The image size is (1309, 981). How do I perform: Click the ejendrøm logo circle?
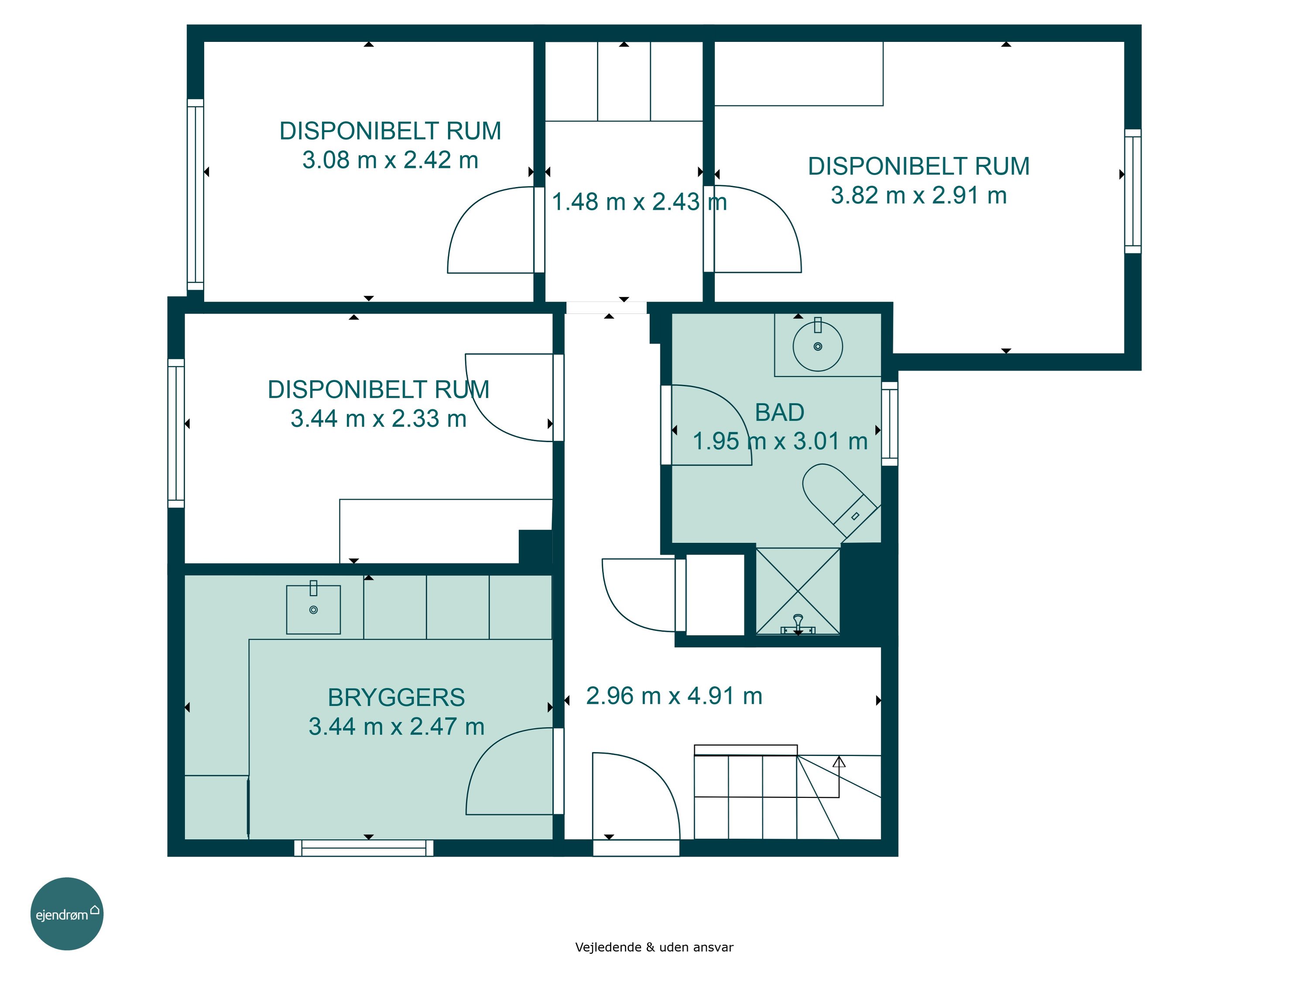pyautogui.click(x=67, y=913)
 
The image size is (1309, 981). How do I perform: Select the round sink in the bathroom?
pyautogui.click(x=818, y=347)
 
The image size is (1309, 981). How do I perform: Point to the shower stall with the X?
pyautogui.click(x=798, y=591)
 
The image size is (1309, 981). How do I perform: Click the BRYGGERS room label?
pyautogui.click(x=397, y=698)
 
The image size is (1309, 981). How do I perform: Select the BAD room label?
pyautogui.click(x=779, y=413)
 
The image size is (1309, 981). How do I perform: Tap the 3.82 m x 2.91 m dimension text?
pyautogui.click(x=918, y=195)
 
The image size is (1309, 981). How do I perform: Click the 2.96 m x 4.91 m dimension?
pyautogui.click(x=674, y=696)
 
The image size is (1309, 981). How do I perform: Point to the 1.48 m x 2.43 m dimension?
pyautogui.click(x=639, y=201)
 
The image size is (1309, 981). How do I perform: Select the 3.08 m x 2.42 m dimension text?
pyautogui.click(x=390, y=160)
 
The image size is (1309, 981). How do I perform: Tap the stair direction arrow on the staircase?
pyautogui.click(x=839, y=777)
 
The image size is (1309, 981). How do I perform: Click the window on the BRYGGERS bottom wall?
pyautogui.click(x=364, y=848)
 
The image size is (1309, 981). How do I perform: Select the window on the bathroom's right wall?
pyautogui.click(x=889, y=423)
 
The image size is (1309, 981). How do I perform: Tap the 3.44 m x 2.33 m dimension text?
pyautogui.click(x=378, y=419)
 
